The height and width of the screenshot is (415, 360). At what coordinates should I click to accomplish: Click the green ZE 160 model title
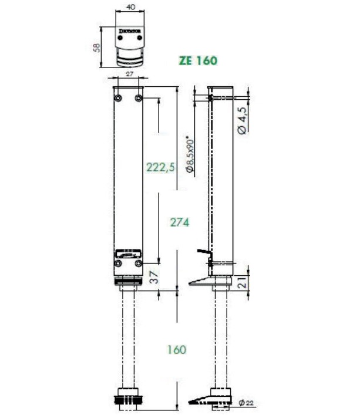[x=197, y=60]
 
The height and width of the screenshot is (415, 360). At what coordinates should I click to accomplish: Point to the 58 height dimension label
[x=97, y=47]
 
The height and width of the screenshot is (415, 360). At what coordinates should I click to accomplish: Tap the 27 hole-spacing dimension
[x=129, y=75]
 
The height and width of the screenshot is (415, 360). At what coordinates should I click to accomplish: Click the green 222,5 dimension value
[x=160, y=167]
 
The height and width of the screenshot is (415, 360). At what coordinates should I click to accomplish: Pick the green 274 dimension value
[x=180, y=222]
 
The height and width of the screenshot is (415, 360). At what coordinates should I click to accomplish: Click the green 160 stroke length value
[x=176, y=349]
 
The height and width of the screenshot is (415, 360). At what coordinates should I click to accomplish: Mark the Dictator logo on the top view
[x=129, y=28]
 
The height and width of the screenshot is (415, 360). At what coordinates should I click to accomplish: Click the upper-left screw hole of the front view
[x=119, y=97]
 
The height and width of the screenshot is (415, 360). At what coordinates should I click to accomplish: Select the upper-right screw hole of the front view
[x=139, y=97]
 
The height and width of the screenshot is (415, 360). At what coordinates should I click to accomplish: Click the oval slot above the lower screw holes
[x=129, y=254]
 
